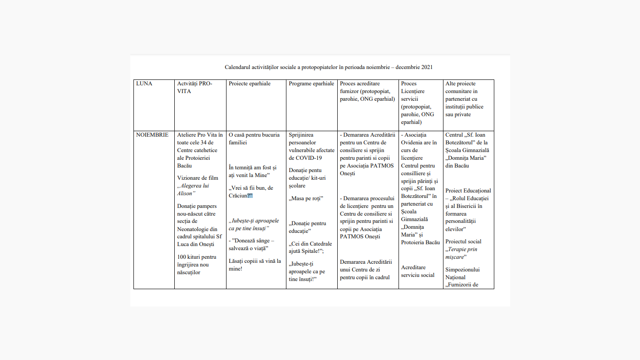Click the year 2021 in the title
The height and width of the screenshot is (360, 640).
point(426,67)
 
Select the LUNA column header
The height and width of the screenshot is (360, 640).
point(144,84)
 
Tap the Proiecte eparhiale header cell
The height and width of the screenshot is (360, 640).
point(249,84)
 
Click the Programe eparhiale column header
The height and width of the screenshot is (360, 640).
point(311,84)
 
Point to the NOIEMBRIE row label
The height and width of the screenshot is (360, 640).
point(152,135)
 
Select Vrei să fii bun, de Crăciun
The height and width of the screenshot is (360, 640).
point(251,192)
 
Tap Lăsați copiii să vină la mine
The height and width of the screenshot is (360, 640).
point(254,265)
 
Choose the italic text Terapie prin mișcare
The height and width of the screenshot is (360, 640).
point(462,253)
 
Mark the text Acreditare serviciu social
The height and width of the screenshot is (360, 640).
point(418,271)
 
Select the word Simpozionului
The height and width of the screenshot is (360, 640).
point(463,270)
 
